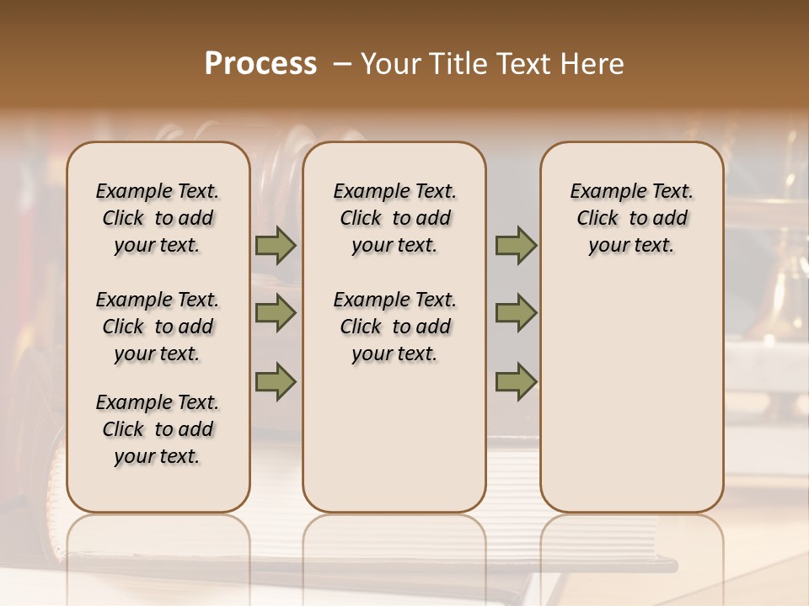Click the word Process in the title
coord(260,64)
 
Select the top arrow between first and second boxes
coord(276,246)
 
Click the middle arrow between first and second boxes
coord(276,313)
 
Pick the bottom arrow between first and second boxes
coord(276,381)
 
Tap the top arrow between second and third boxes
coord(516,246)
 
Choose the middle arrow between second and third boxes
coord(516,313)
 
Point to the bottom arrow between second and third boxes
coord(516,381)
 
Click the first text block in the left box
coord(158,218)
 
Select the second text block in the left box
coord(158,327)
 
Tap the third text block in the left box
coord(158,429)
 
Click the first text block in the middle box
coord(394,218)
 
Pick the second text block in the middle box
coord(394,327)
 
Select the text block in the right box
coord(631,218)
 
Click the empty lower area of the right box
coord(631,396)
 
